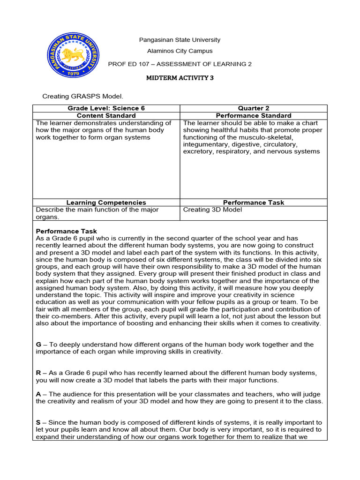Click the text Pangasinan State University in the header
coord(180,40)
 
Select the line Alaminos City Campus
coord(180,51)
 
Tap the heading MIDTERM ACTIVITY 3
coord(180,78)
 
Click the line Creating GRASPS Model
coord(82,97)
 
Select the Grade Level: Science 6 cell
coord(106,108)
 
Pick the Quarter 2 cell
coord(254,108)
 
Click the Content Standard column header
coord(106,115)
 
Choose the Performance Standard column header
coord(254,115)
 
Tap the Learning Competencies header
coord(106,202)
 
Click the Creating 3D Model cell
coord(212,210)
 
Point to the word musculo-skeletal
coord(268,137)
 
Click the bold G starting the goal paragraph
coord(38,345)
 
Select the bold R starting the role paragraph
coord(38,373)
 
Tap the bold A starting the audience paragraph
coord(38,394)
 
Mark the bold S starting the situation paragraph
coord(38,422)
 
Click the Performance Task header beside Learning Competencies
coord(254,202)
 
